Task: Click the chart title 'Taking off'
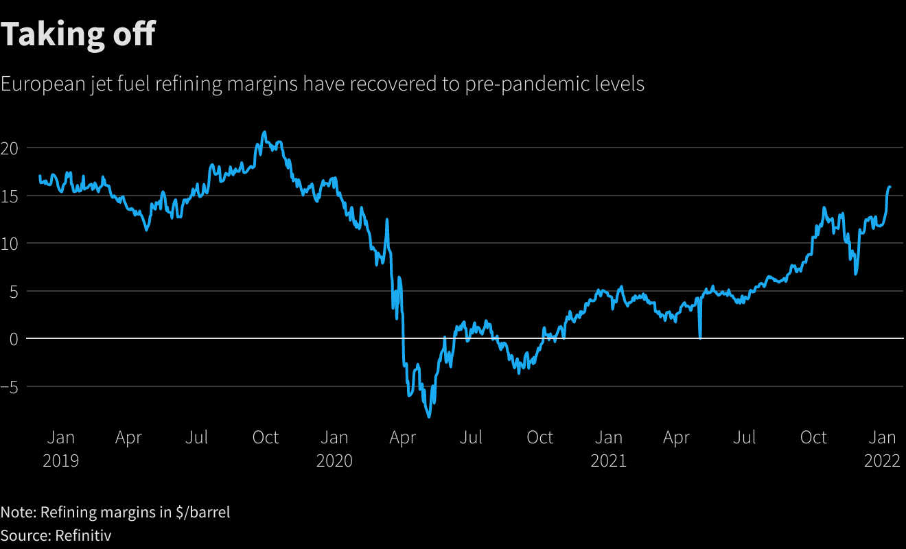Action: [78, 34]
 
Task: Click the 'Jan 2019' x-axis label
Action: [61, 448]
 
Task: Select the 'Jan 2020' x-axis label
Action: [334, 448]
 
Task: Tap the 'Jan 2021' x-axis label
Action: [608, 448]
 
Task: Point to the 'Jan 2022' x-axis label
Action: [882, 448]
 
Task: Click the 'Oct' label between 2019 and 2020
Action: [266, 437]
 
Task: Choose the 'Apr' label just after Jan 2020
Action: [402, 437]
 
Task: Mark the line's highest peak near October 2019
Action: [264, 132]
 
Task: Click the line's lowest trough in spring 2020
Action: [429, 417]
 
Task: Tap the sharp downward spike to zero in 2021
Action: [699, 337]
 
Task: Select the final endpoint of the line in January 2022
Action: [890, 187]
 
